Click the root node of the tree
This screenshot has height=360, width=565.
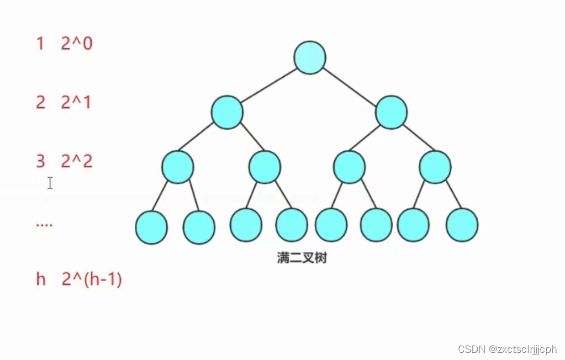tap(310, 57)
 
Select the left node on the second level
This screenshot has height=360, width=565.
tap(227, 112)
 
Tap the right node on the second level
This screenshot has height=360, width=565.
tap(391, 112)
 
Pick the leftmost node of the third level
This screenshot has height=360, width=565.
tap(178, 166)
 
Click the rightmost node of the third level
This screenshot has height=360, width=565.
tap(435, 166)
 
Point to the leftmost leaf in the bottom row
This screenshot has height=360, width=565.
tap(151, 227)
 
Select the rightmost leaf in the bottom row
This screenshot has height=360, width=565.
tap(462, 225)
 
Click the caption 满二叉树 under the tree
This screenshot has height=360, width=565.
tap(302, 258)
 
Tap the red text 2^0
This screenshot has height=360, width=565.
tap(77, 44)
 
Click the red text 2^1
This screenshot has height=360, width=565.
tap(76, 102)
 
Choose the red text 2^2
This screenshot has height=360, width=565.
tap(77, 161)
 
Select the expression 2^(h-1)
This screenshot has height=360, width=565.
tap(92, 279)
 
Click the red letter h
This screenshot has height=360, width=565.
tap(41, 279)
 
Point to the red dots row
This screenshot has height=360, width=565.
tap(44, 225)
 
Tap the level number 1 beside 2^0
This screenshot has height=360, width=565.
tap(40, 44)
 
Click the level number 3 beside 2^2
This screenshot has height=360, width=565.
tap(40, 161)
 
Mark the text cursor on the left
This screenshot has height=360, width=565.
tap(50, 183)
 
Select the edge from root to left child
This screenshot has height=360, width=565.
tap(268, 85)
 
